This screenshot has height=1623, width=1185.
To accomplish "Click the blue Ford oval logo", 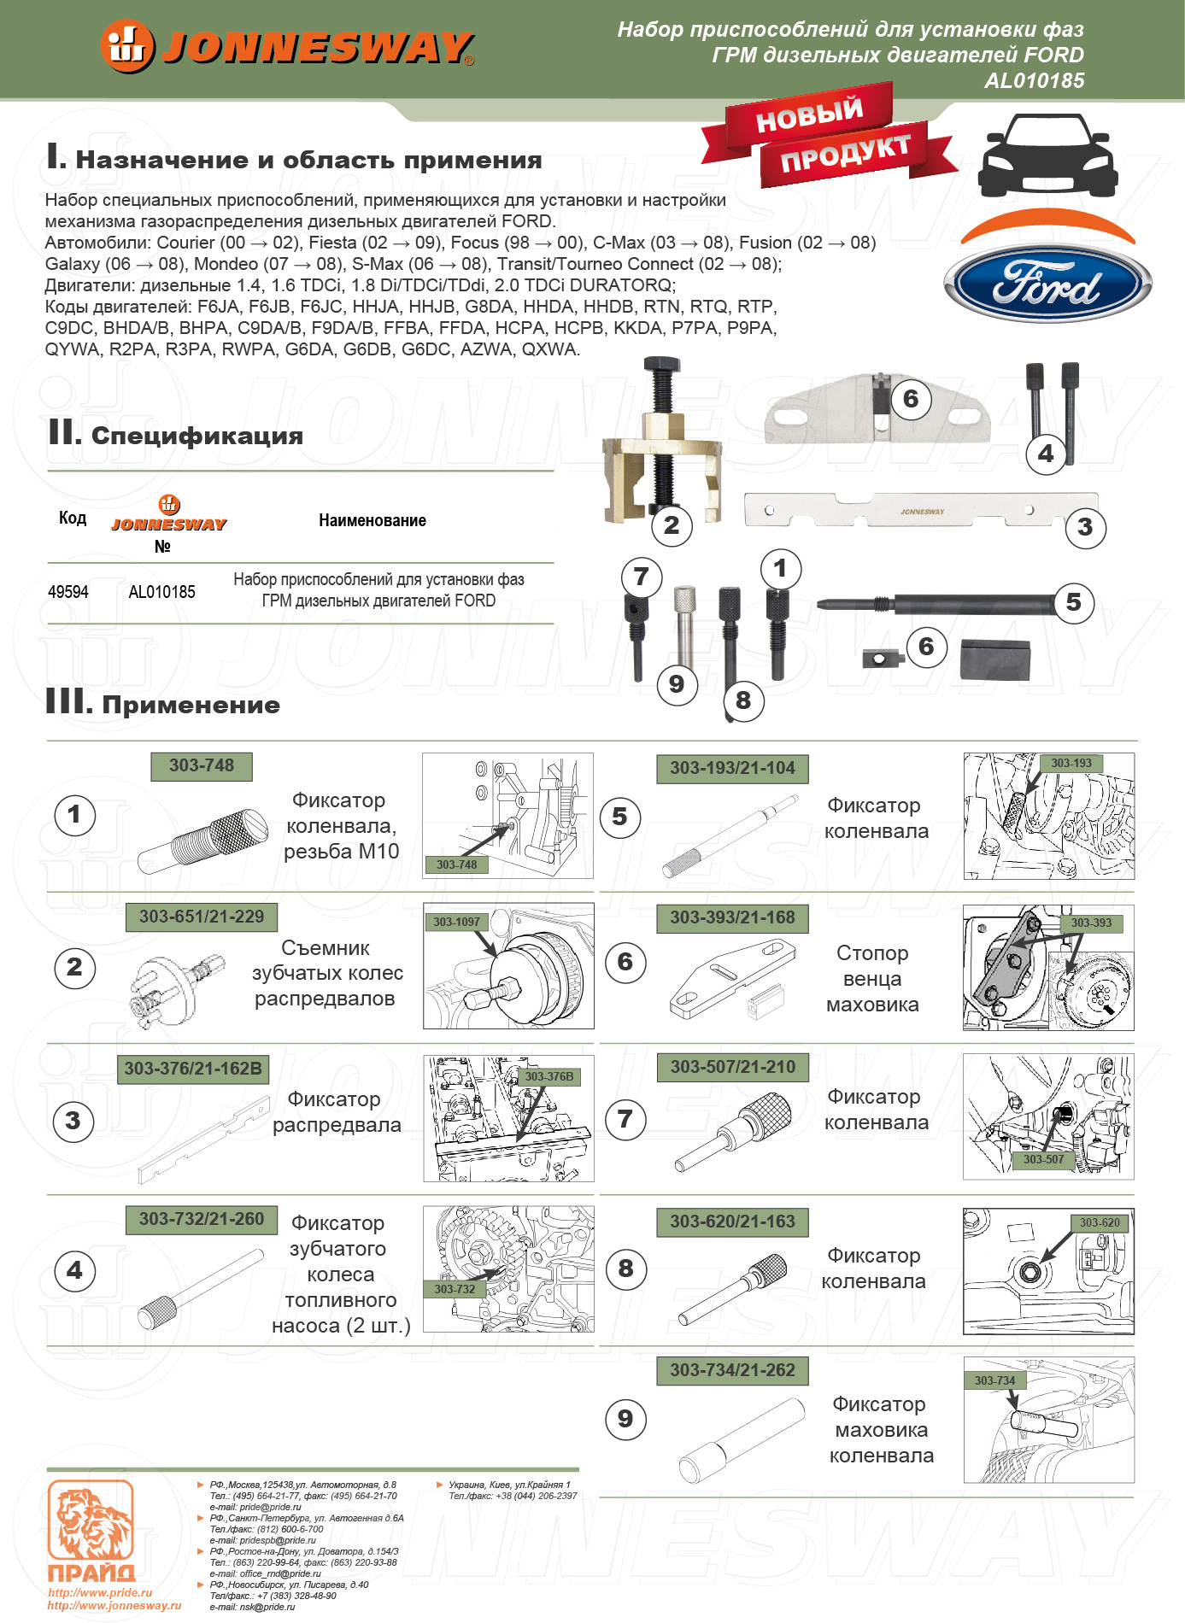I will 1047,284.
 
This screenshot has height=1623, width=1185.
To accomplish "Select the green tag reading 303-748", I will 202,766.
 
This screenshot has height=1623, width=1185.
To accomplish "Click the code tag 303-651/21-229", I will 202,917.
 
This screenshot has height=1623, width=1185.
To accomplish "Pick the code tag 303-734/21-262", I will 732,1370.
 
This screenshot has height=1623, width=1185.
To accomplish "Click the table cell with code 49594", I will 68,592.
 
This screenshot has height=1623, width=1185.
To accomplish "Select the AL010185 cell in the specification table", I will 161,592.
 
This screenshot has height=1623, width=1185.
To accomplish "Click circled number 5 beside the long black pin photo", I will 1073,602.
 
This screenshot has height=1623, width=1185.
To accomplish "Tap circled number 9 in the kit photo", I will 677,683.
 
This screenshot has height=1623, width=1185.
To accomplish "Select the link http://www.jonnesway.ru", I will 114,1605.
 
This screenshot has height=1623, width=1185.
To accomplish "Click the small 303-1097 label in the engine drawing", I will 456,922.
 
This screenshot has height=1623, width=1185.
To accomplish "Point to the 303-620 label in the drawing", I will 1100,1222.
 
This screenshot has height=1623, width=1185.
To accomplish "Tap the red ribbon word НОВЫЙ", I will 808,115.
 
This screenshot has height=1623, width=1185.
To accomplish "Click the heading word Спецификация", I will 197,436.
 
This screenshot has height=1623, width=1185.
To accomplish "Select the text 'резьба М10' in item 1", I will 342,852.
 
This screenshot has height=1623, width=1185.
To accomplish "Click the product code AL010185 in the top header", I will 1034,81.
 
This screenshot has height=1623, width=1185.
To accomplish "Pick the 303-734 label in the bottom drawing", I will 994,1380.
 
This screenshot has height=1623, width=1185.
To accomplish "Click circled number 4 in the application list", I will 74,1270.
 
